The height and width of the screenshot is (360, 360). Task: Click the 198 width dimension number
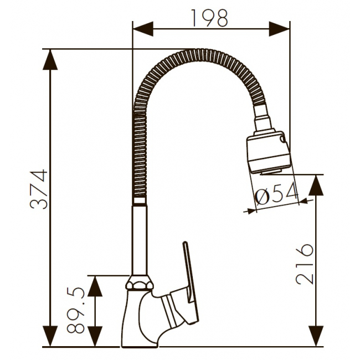click(209, 18)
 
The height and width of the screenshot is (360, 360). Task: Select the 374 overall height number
click(39, 189)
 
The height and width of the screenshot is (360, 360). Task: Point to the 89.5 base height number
click(76, 310)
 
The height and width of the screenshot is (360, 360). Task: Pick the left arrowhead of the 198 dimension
click(143, 29)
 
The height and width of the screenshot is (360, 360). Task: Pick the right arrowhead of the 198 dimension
click(279, 29)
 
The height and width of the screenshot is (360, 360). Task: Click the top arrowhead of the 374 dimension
click(50, 59)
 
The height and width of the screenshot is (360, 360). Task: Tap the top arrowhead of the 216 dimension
click(316, 185)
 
